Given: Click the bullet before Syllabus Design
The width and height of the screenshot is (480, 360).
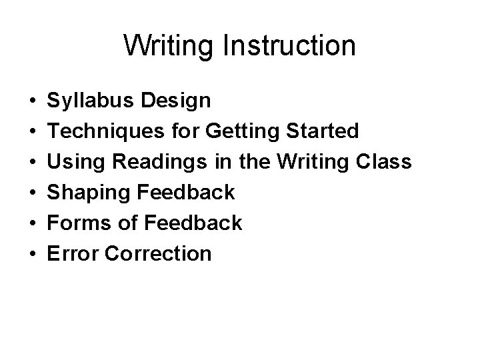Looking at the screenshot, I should (33, 102).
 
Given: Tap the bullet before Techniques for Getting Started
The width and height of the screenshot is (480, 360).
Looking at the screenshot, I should (33, 132).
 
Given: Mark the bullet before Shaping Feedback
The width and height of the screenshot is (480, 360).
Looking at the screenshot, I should (33, 193).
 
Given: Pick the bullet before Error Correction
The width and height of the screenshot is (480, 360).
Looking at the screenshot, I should (33, 253).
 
